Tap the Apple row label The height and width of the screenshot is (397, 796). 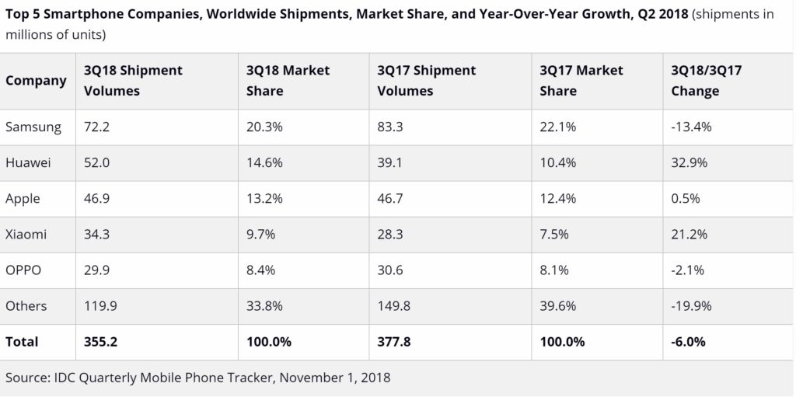click(23, 199)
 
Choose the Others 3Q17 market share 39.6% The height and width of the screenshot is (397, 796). click(557, 306)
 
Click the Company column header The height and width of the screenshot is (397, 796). click(36, 81)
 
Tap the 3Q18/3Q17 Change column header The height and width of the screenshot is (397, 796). click(706, 81)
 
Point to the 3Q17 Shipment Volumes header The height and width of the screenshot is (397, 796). click(426, 81)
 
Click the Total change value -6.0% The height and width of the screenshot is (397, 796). click(689, 342)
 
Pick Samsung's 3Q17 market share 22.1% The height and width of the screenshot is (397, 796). click(557, 127)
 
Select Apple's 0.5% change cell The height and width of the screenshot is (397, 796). click(684, 199)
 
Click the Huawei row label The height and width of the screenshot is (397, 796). click(28, 163)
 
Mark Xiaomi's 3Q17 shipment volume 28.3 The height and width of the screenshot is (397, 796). click(391, 235)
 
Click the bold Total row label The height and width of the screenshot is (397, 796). click(22, 342)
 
